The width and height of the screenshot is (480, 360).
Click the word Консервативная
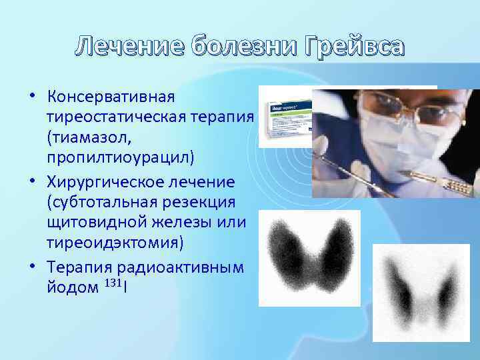(111, 97)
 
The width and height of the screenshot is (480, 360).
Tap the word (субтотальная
(94, 201)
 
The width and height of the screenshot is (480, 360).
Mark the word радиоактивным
(180, 267)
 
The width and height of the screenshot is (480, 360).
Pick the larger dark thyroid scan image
(309, 257)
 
